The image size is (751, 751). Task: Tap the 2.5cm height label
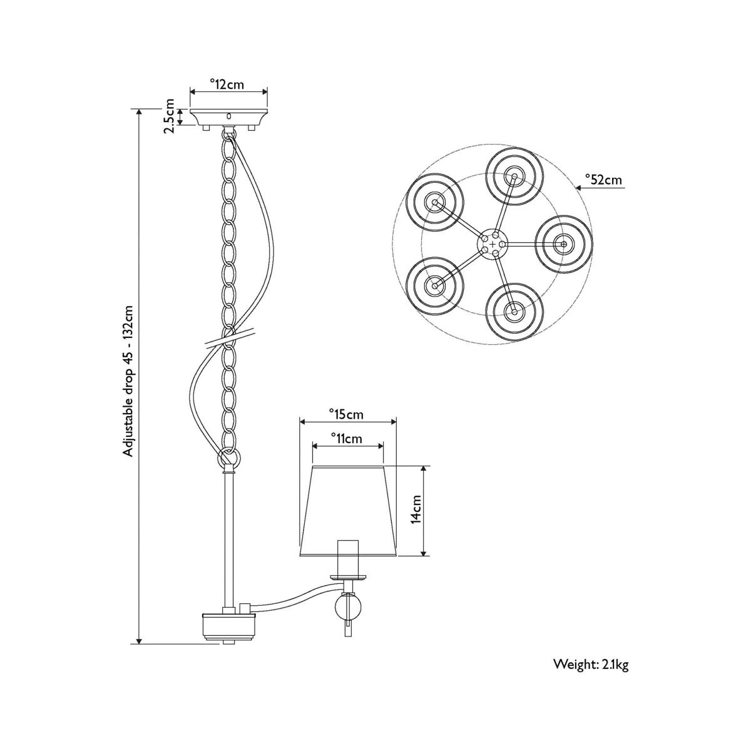(x=170, y=116)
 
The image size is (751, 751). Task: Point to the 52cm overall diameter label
(x=604, y=180)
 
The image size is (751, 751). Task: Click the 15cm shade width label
(x=346, y=414)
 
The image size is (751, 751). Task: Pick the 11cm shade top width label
(x=347, y=439)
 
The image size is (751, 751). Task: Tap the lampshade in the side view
(x=348, y=511)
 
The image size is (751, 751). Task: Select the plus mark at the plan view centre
(x=493, y=244)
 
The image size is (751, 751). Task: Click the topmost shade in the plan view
(x=514, y=176)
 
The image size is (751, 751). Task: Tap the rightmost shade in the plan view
(x=564, y=244)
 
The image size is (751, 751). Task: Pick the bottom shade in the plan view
(x=514, y=312)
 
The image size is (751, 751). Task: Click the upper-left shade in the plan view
(x=434, y=202)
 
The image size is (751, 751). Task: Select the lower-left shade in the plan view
(x=434, y=285)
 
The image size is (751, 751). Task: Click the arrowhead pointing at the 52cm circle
(x=580, y=188)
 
